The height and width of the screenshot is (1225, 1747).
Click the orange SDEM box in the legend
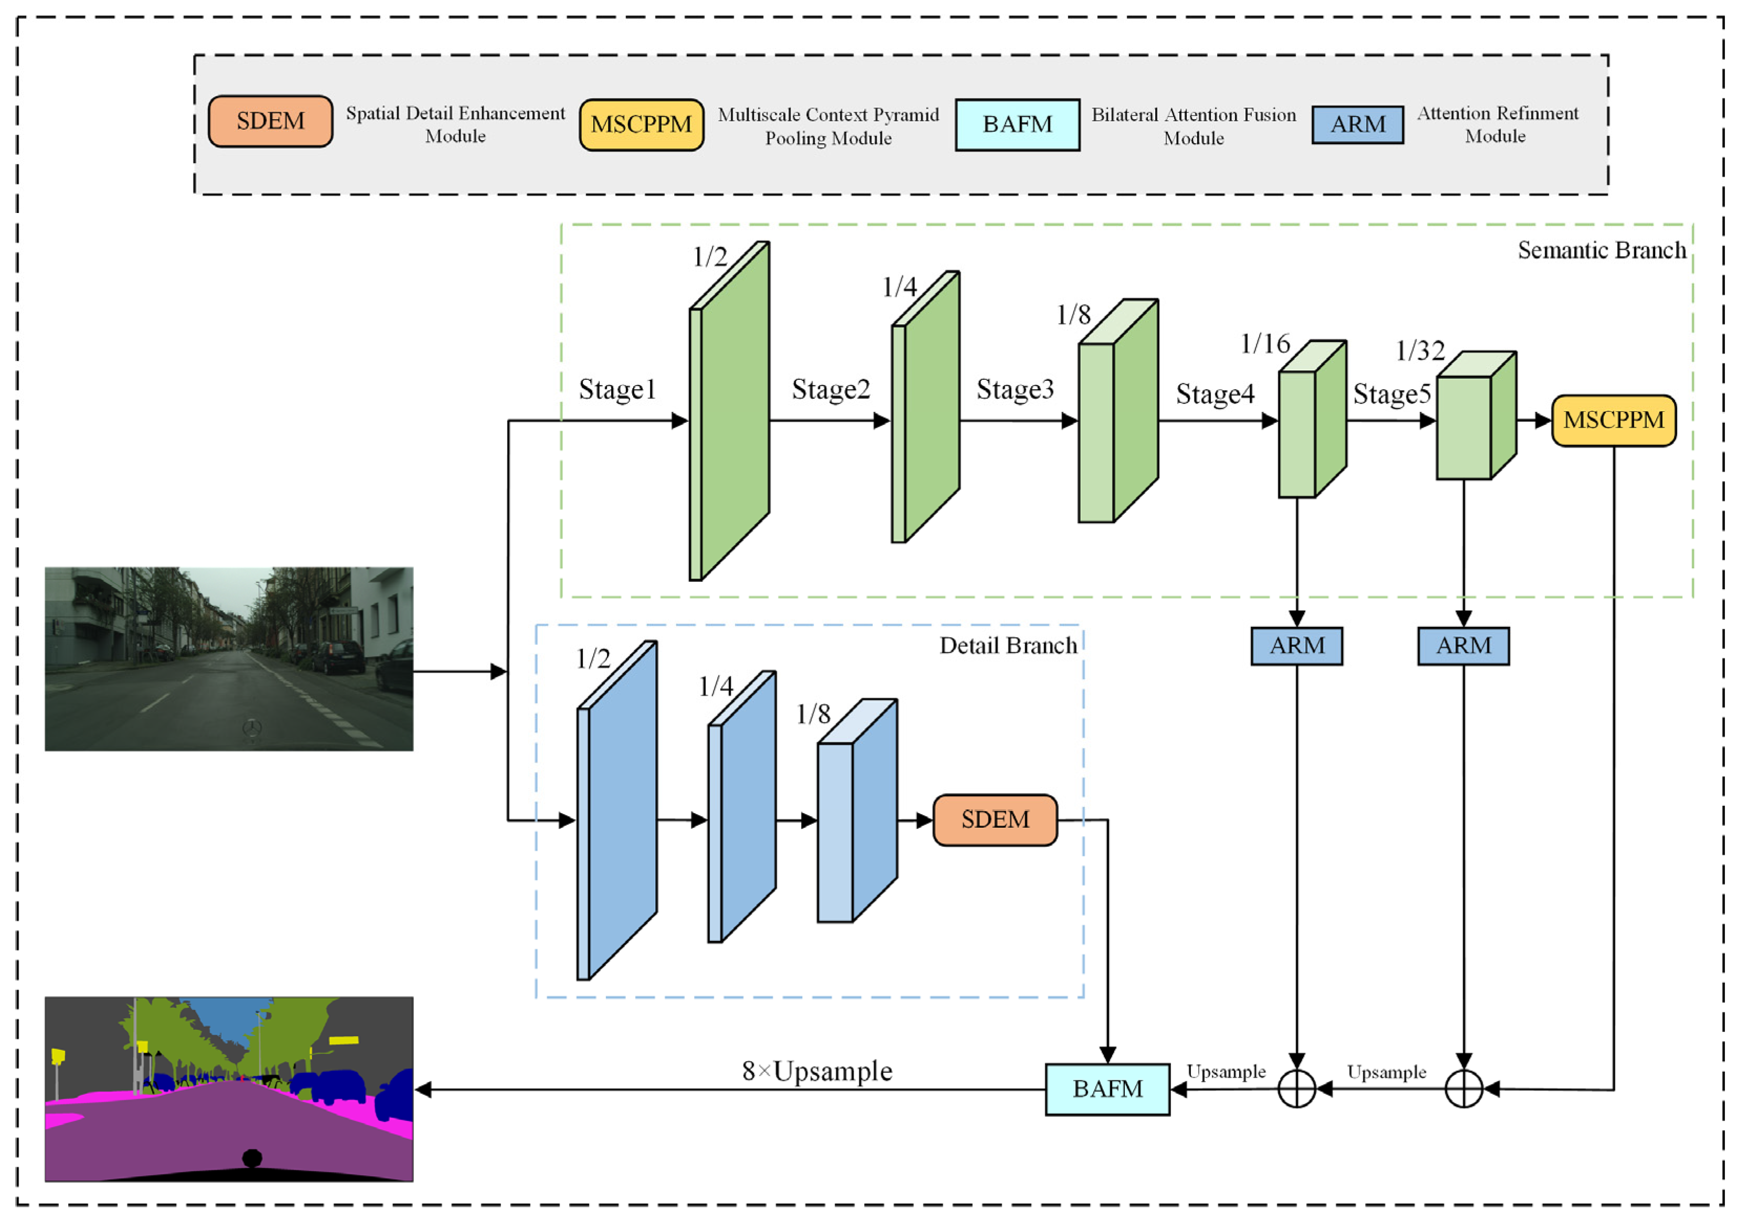[x=270, y=121]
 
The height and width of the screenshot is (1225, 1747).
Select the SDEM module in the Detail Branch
[x=995, y=819]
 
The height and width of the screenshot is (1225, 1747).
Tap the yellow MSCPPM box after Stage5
[x=1613, y=420]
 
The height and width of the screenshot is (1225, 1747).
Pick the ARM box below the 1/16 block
[x=1296, y=645]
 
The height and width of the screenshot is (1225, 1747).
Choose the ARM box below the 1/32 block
[x=1463, y=645]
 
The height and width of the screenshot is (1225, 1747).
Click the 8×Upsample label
[x=816, y=1071]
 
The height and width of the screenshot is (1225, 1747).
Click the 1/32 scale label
[x=1420, y=350]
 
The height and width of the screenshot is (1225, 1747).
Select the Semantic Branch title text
[x=1601, y=250]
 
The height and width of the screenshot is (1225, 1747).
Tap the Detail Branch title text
[x=1007, y=645]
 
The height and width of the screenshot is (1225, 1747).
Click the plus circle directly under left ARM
[x=1296, y=1089]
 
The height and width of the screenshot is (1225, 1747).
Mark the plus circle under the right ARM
[x=1463, y=1089]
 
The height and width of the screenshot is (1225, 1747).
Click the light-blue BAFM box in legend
[x=1017, y=124]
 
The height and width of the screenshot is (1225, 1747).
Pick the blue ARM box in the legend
[x=1357, y=124]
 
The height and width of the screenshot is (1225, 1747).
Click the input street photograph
[x=228, y=658]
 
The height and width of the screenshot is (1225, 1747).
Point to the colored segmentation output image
[x=228, y=1089]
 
